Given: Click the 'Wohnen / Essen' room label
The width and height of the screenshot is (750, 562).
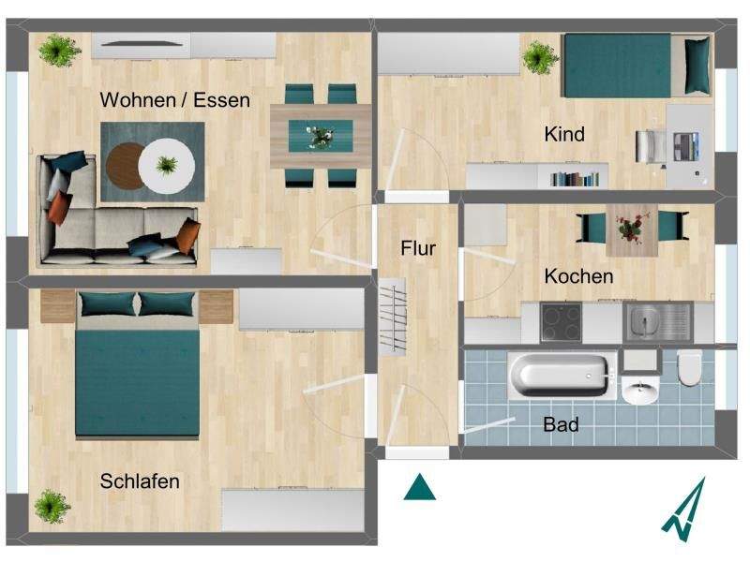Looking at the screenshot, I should tap(175, 99).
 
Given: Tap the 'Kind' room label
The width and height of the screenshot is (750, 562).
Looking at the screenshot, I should tap(564, 134).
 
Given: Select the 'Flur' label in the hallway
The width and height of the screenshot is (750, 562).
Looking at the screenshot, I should tap(418, 248).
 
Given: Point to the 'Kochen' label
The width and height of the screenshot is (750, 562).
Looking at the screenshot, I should tap(579, 276).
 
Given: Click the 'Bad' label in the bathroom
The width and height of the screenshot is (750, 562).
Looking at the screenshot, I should tap(561, 424).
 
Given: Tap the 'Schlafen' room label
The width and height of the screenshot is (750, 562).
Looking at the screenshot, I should tap(140, 481).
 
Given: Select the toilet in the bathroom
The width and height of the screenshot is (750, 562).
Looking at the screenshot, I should tap(689, 368).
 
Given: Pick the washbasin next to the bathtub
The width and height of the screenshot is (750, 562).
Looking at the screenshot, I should tap(640, 389).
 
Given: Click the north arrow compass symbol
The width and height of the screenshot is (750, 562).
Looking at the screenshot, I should tap(686, 510).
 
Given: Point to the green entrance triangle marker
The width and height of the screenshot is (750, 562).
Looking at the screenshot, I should tap(419, 487).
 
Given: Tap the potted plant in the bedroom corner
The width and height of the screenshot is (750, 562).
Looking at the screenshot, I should tap(52, 507).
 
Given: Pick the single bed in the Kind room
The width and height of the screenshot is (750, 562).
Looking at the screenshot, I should tap(628, 66).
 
